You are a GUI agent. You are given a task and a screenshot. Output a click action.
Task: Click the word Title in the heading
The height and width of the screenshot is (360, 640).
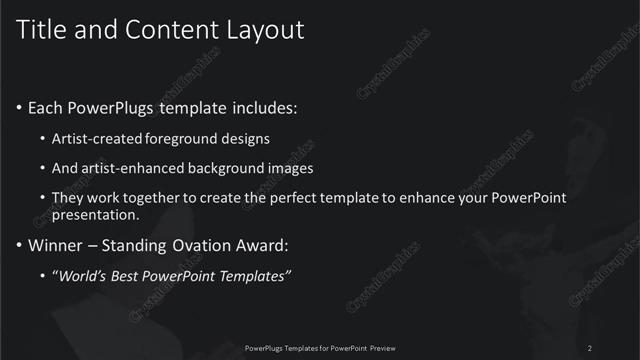coord(43,30)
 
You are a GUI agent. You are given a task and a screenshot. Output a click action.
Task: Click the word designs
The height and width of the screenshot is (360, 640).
coord(249,138)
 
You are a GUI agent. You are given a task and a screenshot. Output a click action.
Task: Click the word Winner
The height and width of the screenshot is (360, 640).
coord(56,245)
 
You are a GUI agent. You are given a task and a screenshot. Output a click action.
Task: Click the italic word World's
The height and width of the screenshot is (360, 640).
coord(79,275)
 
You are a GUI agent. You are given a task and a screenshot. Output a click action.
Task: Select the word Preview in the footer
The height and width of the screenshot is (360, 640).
coord(378,347)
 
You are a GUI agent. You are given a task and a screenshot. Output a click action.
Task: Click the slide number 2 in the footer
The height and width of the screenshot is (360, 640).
coord(590,347)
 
